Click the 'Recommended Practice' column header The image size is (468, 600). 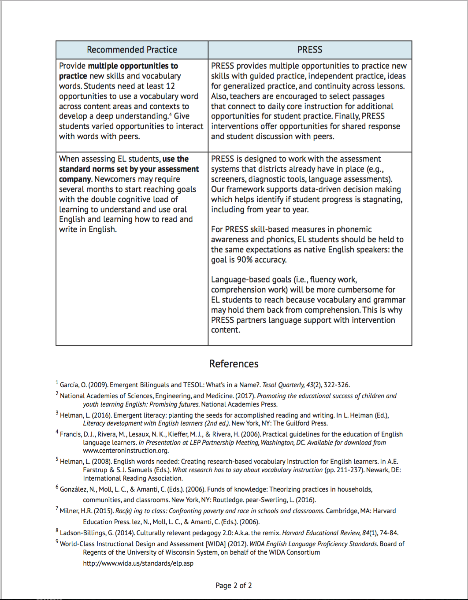[x=132, y=50]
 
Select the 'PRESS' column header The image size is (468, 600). [x=310, y=50]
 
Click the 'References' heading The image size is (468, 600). [x=234, y=364]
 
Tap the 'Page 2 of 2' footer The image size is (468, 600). [x=234, y=585]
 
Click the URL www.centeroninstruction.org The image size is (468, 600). [x=126, y=451]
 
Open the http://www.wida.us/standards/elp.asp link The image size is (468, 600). [x=138, y=563]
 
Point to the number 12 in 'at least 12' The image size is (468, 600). [x=170, y=86]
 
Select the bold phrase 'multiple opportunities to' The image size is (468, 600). [x=133, y=66]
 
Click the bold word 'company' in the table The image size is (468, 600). [x=75, y=179]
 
